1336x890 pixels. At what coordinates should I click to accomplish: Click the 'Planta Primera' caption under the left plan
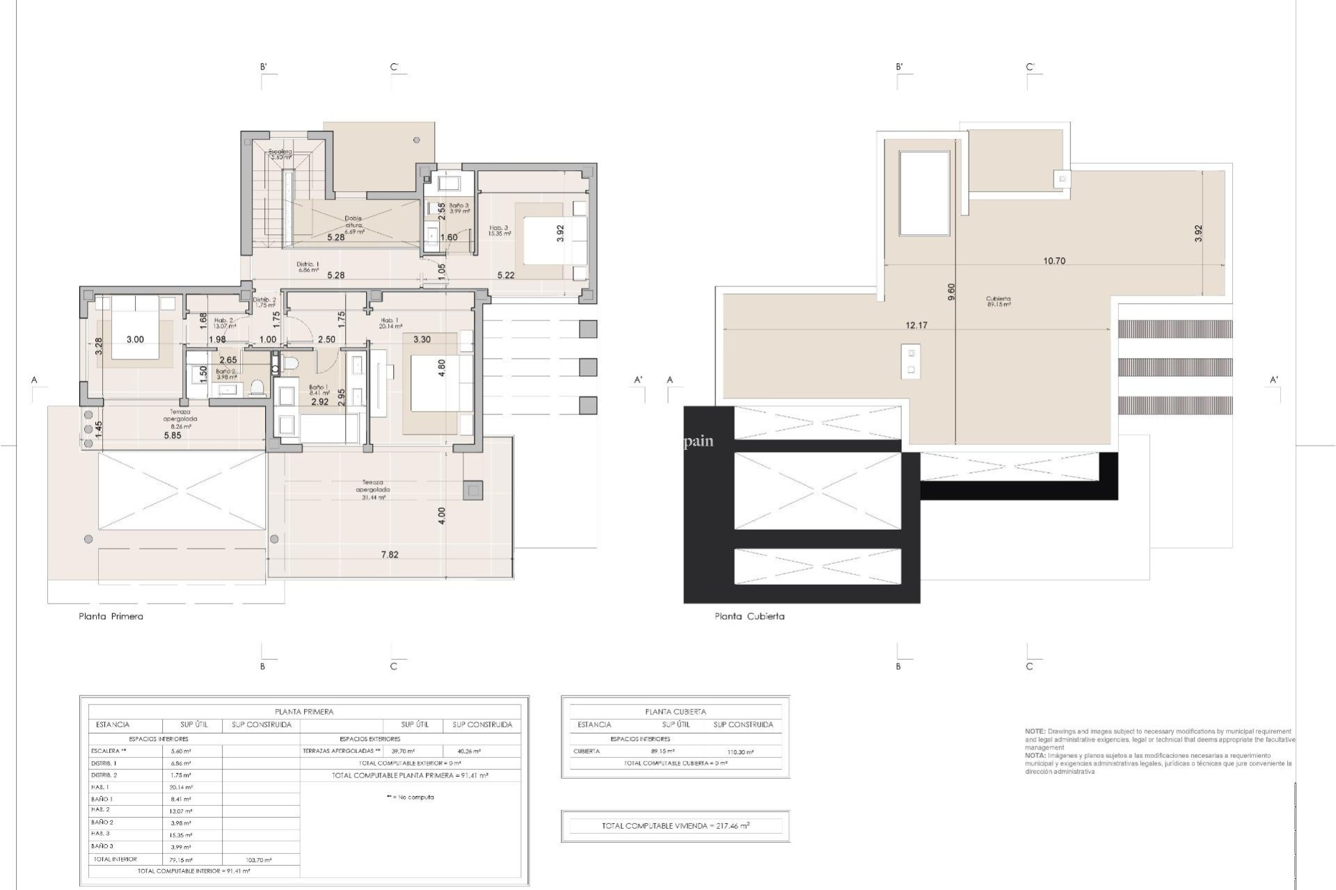coord(111,616)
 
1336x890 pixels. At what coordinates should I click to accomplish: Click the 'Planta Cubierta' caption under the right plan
coord(749,616)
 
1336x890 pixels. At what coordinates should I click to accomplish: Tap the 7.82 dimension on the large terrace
coord(390,555)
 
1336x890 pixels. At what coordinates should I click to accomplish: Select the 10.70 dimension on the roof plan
coord(1054,261)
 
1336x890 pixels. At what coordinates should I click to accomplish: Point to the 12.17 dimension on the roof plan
coord(916,325)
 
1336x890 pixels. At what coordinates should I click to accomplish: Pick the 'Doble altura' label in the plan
coord(353,222)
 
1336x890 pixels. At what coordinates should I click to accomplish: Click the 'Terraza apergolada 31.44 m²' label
coord(372,489)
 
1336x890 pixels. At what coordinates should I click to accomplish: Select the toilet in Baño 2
coord(257,387)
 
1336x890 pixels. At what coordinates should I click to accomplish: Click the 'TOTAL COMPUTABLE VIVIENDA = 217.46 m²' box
coord(675,826)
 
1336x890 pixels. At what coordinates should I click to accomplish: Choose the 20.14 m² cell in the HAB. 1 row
coord(181,787)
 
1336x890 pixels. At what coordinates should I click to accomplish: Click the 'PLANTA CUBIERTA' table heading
coord(675,711)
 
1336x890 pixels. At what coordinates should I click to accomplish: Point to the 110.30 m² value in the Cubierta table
coord(739,752)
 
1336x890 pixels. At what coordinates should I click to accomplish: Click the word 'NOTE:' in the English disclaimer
coord(1035,731)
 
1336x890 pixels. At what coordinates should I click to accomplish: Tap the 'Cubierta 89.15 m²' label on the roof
coord(998,301)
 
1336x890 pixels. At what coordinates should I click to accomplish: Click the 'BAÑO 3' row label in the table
coord(102,846)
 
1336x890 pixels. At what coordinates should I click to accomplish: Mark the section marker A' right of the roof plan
coord(1274,380)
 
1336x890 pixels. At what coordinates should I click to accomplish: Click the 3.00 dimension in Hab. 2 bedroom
coord(135,339)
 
